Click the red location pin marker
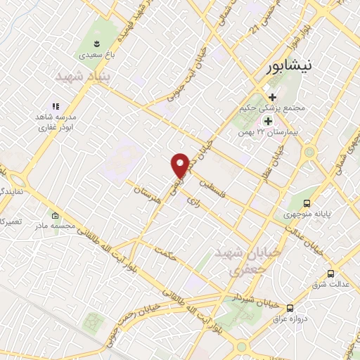(180, 165)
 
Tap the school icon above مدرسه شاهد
(55, 105)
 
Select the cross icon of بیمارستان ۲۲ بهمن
(268, 121)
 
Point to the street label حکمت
(169, 257)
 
